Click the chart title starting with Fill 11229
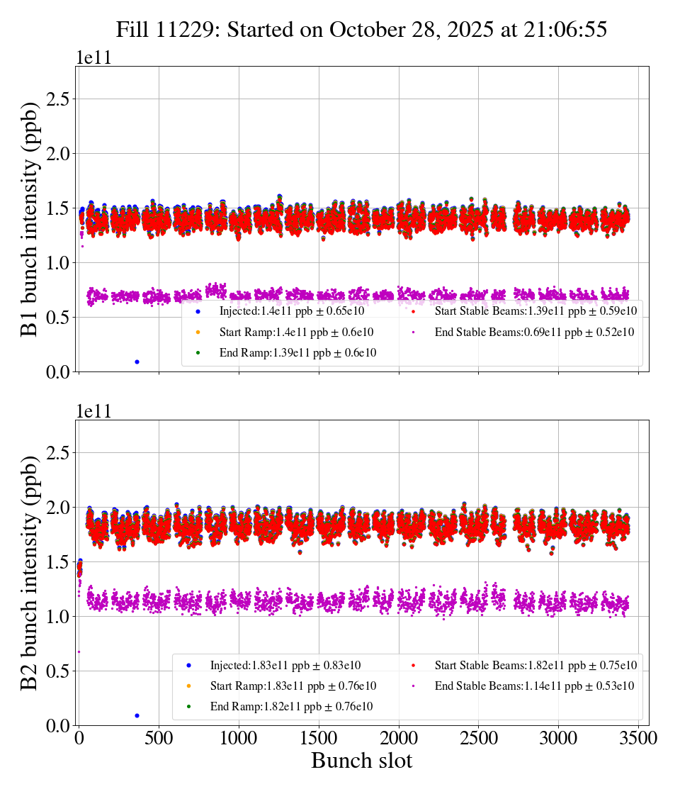(362, 29)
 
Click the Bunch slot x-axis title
(362, 761)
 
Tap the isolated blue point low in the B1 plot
(137, 362)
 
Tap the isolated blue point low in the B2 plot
(137, 715)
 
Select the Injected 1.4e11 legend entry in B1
(291, 311)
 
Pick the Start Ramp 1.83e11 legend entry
(293, 686)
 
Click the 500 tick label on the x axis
(159, 739)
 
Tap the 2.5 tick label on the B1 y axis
(60, 99)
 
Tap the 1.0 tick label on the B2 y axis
(60, 617)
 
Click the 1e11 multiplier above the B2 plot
(93, 412)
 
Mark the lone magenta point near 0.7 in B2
(79, 652)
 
